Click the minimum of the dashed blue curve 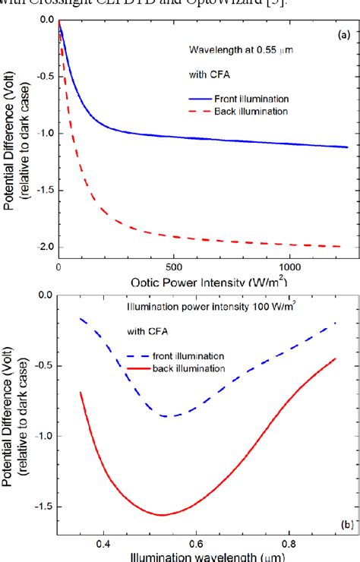173,416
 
